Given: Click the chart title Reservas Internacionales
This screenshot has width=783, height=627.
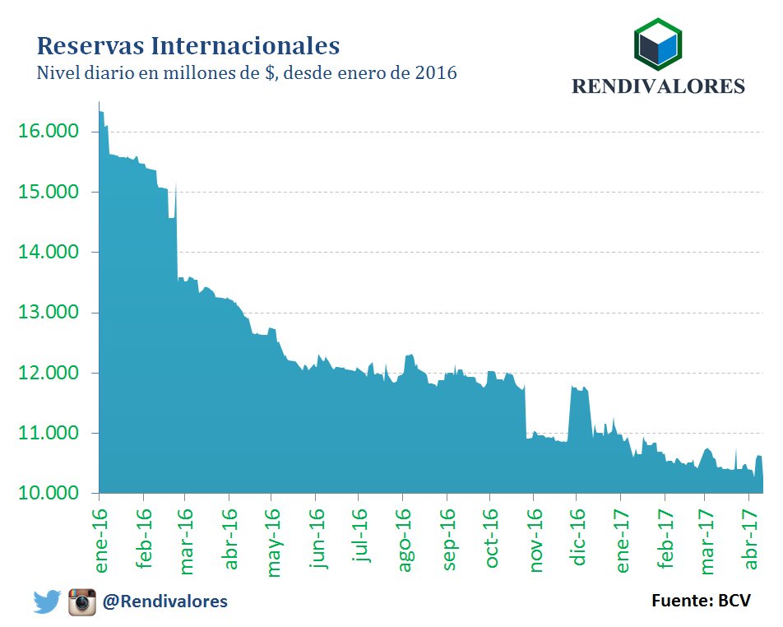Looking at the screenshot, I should (x=188, y=44).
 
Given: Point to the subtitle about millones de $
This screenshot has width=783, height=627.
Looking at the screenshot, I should (x=247, y=73).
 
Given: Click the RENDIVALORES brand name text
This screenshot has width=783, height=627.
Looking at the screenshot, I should (x=658, y=86).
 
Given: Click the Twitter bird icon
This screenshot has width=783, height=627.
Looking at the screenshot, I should (x=48, y=602).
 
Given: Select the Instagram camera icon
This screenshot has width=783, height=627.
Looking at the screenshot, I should (x=82, y=602).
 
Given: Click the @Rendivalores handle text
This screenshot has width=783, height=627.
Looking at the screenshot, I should (x=164, y=602).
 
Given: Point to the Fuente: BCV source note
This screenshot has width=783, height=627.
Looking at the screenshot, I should (x=701, y=601).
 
